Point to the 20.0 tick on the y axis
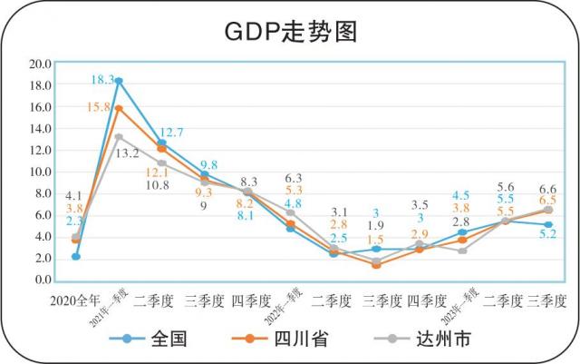pos(40,64)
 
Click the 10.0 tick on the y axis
pos(40,172)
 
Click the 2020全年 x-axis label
pos(74,299)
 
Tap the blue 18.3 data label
pos(101,80)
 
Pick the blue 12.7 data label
pos(171,133)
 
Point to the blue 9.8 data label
pos(208,164)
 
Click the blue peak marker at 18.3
pos(119,81)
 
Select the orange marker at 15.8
pos(119,109)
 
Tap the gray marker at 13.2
pos(119,137)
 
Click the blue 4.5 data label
pos(460,195)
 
